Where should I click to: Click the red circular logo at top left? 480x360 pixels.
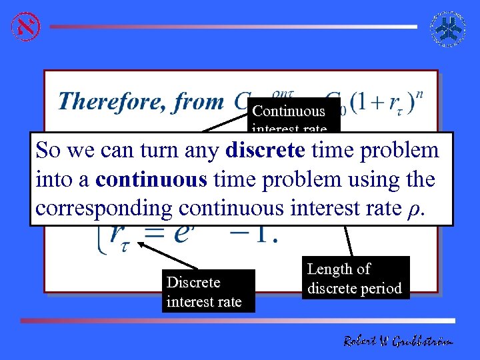(x=25, y=26)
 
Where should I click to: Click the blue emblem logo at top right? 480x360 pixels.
(x=451, y=27)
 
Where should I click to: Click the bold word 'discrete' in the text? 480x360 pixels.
(x=265, y=150)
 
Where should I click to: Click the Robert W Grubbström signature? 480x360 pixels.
(x=398, y=341)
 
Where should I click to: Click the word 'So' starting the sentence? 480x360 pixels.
(x=48, y=150)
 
